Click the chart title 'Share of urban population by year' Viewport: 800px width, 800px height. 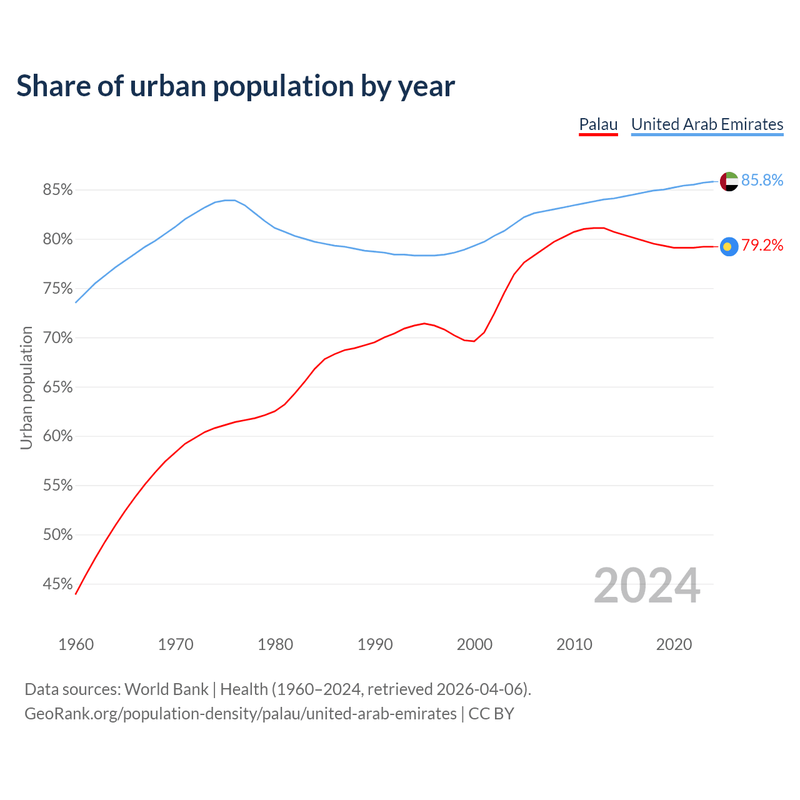235,86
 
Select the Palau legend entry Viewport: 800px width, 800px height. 598,124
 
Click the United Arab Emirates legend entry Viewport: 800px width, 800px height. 707,124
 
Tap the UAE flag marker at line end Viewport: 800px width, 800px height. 729,181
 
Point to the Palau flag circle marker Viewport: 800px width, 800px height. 729,246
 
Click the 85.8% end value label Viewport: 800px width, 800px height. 762,181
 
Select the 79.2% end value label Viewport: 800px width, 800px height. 762,246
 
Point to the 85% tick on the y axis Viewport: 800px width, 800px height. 57,190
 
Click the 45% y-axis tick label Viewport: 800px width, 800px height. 57,584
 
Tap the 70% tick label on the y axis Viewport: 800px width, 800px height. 57,338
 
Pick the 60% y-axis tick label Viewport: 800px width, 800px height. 57,436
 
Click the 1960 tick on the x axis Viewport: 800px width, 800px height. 76,644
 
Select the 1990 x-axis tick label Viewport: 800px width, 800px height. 375,644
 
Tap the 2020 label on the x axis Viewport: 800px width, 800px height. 674,644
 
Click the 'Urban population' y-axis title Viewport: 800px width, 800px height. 26,387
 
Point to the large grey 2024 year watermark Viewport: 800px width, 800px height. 647,586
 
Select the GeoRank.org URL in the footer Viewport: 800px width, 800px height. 241,714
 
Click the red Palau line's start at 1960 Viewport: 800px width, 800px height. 76,593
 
